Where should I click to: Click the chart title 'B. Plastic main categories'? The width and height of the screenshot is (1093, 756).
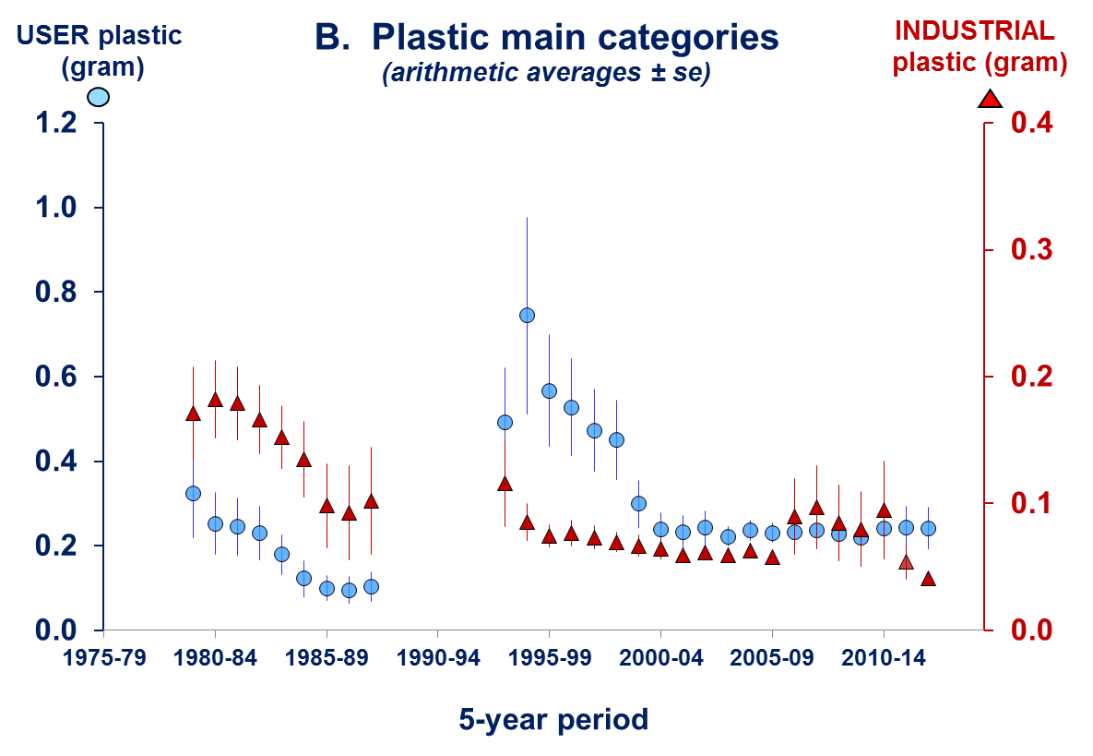(547, 38)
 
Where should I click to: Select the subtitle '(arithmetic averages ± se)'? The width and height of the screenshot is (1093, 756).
(546, 75)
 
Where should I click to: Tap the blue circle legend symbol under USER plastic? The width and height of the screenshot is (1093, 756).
(99, 97)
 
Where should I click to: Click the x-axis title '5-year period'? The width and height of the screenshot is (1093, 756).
(553, 720)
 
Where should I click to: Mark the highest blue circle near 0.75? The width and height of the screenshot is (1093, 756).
(528, 316)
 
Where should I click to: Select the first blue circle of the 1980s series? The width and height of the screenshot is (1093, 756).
(193, 494)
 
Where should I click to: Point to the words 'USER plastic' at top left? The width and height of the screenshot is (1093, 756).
(101, 36)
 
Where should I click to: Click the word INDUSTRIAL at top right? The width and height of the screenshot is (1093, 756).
(975, 31)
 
